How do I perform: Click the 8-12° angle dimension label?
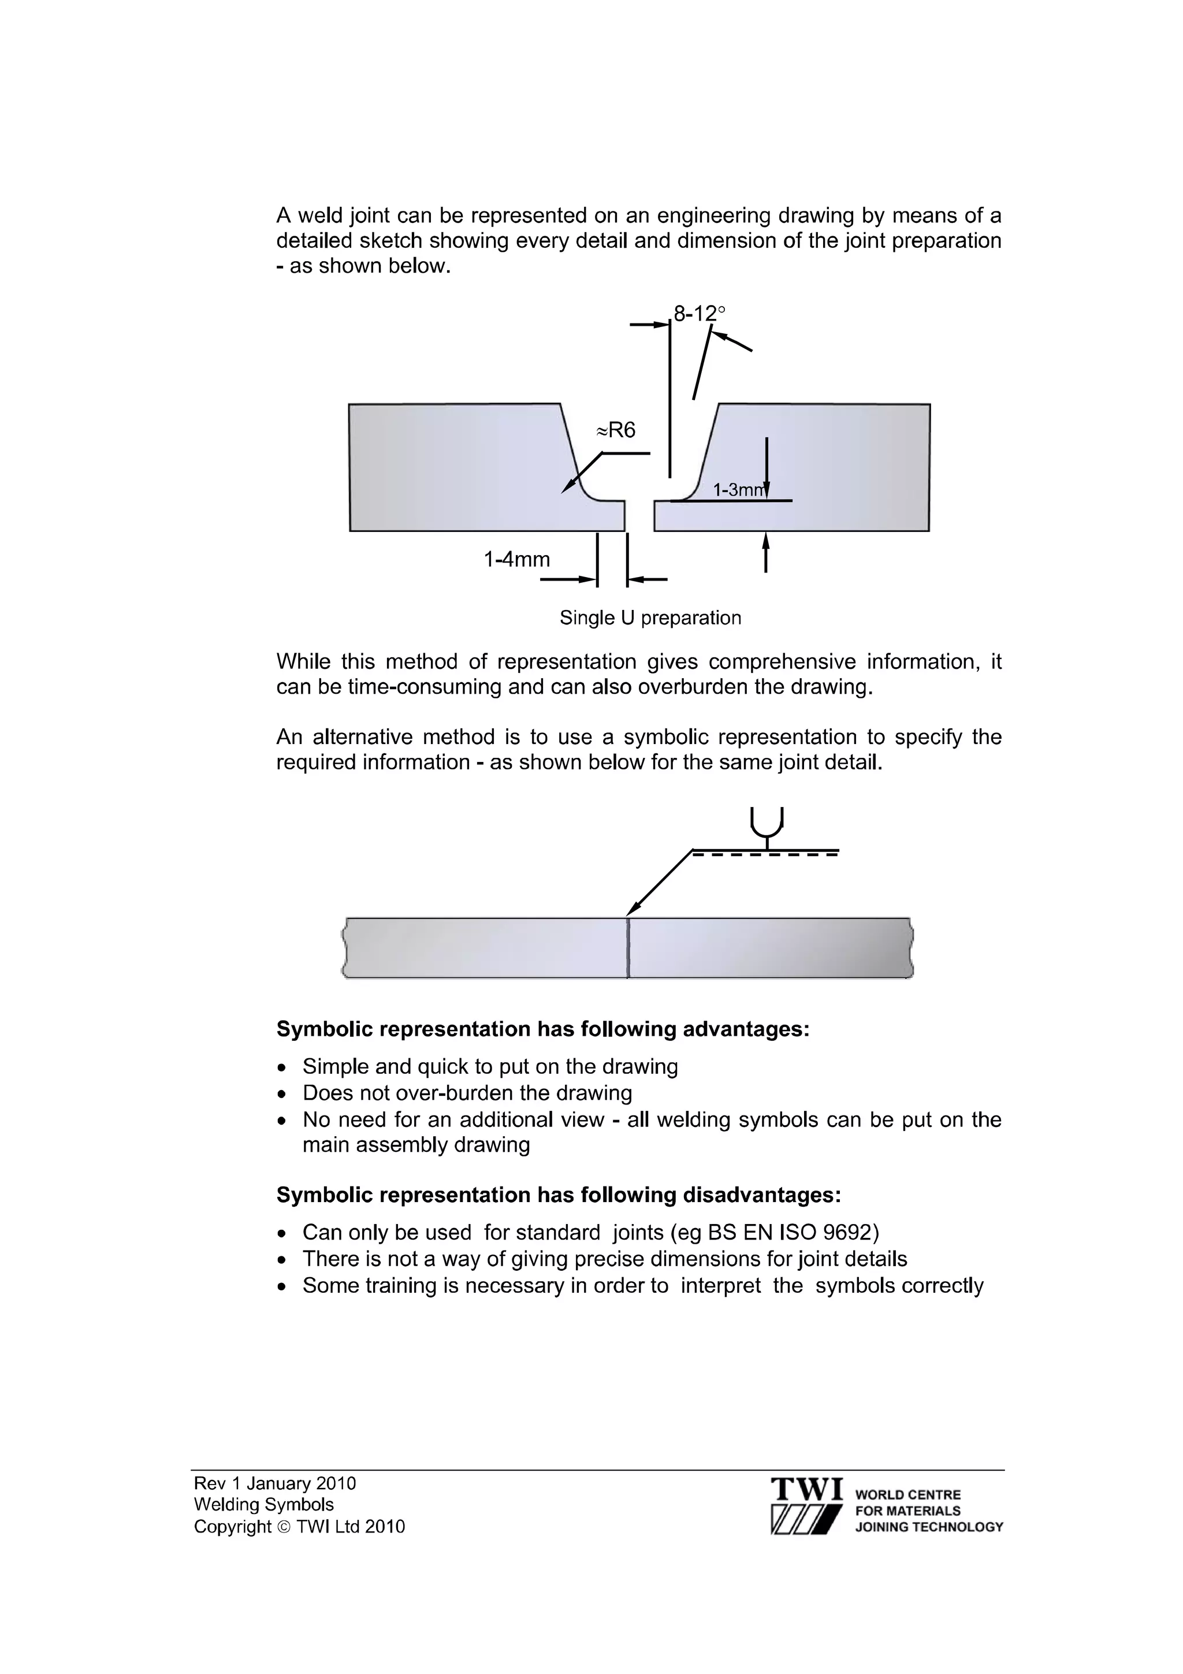(x=699, y=314)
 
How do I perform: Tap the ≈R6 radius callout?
(x=616, y=430)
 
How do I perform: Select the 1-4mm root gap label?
(x=517, y=559)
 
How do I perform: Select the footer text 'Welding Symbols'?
(x=264, y=1504)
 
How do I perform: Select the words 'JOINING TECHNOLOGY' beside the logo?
(x=929, y=1527)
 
